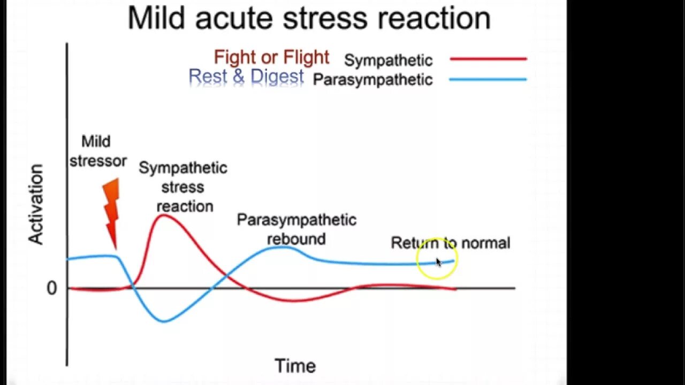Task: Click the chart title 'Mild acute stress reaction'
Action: (x=309, y=18)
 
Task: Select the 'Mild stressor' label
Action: (x=97, y=151)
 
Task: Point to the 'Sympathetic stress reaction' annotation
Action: (x=184, y=187)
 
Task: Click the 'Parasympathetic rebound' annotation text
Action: (x=296, y=229)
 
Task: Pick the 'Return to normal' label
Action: (x=450, y=243)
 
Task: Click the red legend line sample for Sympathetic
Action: (x=488, y=59)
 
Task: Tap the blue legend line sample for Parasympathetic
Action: (x=488, y=80)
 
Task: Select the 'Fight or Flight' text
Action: (x=271, y=57)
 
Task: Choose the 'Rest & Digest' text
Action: (x=246, y=77)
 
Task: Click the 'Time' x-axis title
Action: (x=295, y=366)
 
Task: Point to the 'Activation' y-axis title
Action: (x=36, y=204)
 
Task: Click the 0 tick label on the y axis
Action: (x=51, y=288)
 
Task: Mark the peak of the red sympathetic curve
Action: (x=162, y=214)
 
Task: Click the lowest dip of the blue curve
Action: (x=164, y=321)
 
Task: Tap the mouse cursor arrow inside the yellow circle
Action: (x=438, y=262)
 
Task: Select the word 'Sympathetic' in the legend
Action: (x=388, y=60)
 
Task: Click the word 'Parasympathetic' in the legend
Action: (x=372, y=80)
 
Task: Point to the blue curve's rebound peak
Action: (x=284, y=247)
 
